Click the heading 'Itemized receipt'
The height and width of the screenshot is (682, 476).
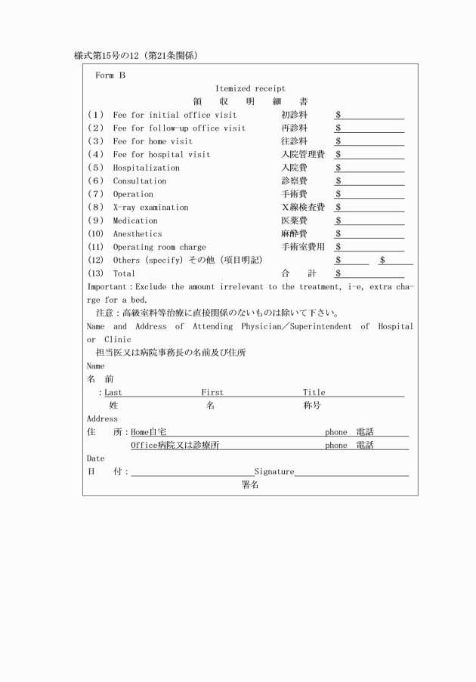coord(249,88)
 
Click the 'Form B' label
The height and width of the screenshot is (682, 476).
coord(110,76)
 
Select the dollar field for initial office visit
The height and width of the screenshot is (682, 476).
coord(369,115)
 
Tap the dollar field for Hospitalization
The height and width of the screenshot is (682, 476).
coord(369,168)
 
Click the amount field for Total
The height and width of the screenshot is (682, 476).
coord(369,273)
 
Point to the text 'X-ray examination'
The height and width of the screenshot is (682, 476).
coord(150,207)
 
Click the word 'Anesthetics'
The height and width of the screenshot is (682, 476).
coord(138,234)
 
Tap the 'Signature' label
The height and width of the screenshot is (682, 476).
coord(274,471)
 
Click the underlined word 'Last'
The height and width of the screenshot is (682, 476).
coord(113,393)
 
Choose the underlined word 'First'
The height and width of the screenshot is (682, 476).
coord(212,393)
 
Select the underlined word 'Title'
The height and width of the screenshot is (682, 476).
coord(314,393)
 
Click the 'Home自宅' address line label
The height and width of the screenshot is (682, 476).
coord(149,432)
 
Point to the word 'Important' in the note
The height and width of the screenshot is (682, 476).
coord(107,287)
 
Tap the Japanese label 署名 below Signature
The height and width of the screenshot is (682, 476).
coord(250,485)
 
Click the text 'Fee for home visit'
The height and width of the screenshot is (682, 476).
coord(153,141)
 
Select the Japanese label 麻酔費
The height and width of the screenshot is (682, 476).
coord(294,234)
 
